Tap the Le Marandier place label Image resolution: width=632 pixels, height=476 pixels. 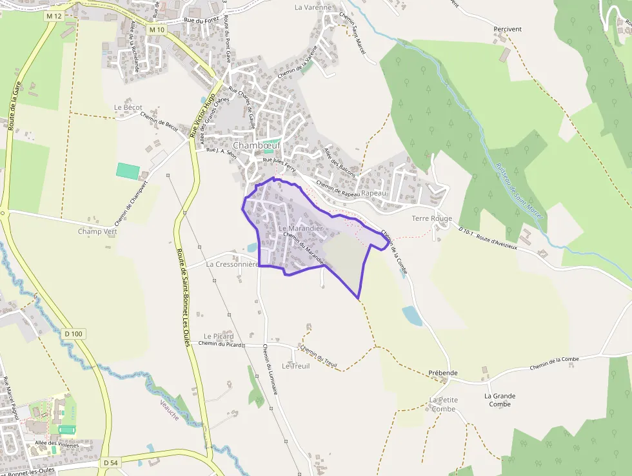click(x=301, y=229)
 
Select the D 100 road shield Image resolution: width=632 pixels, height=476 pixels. click(x=74, y=333)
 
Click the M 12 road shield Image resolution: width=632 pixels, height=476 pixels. click(x=55, y=15)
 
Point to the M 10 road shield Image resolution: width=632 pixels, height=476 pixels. click(x=156, y=30)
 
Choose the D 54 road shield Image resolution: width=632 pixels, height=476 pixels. click(x=111, y=463)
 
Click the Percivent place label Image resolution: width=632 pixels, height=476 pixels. click(x=508, y=29)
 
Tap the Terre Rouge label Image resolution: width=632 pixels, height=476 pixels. click(x=432, y=218)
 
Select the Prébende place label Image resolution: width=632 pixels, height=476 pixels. click(x=443, y=373)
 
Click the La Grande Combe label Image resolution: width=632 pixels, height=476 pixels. click(x=500, y=400)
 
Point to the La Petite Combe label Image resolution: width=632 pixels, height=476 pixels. click(x=444, y=404)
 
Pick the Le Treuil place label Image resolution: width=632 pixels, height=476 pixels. click(x=295, y=366)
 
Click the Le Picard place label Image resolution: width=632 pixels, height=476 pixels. click(x=219, y=336)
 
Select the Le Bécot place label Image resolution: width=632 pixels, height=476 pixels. click(x=128, y=107)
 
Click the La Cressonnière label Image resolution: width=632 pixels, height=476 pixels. click(x=232, y=264)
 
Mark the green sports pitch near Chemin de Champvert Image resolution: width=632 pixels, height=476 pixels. click(x=128, y=171)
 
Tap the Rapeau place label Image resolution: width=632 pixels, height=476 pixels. click(x=374, y=192)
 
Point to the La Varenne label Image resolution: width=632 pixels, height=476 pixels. click(x=313, y=8)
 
